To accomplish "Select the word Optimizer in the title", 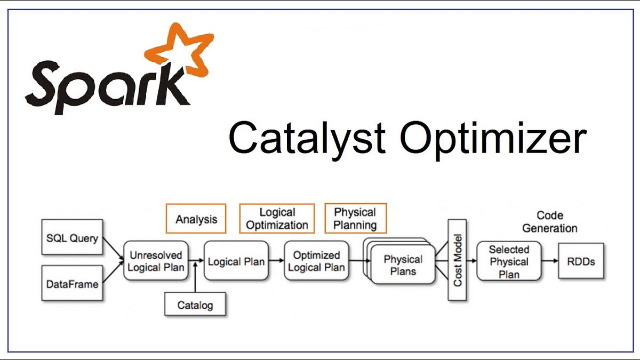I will (493, 137).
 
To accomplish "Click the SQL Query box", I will (71, 238).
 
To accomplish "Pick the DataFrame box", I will (71, 284).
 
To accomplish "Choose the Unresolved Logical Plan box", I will (156, 261).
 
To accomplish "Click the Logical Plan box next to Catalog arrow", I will (236, 261).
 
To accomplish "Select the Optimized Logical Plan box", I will (316, 261).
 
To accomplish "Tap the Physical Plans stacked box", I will (403, 265).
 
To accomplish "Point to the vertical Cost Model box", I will (457, 260).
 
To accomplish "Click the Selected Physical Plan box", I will (509, 261).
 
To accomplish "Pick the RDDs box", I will (581, 261).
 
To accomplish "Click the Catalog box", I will (195, 305).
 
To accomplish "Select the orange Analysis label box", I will (196, 219).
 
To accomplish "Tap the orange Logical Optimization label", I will (277, 219).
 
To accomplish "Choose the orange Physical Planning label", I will (355, 219).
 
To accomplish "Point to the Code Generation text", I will (549, 222).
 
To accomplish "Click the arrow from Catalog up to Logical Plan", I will (195, 277).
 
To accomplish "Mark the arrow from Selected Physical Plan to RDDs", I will (549, 261).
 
